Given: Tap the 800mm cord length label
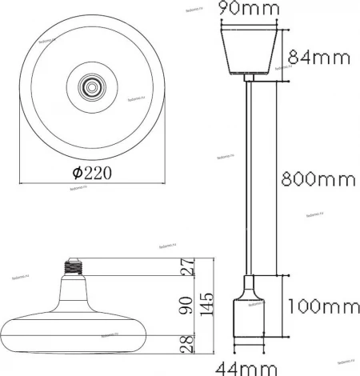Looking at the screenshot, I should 317,179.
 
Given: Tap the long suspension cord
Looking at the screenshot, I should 250,176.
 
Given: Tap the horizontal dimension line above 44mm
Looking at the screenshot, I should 250,350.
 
